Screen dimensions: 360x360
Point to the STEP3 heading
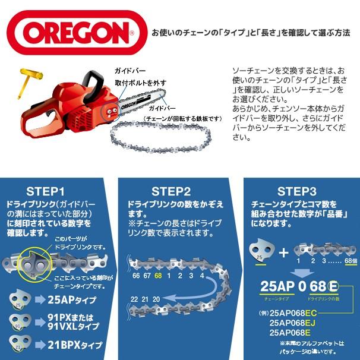295,191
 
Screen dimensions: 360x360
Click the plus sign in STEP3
284,252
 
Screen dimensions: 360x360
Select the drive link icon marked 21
19,345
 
